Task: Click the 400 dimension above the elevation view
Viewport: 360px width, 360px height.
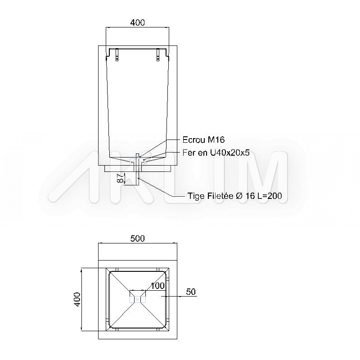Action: pyautogui.click(x=138, y=22)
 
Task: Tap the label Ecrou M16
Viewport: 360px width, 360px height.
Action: pyautogui.click(x=203, y=139)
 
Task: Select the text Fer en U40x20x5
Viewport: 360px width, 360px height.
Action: pyautogui.click(x=216, y=153)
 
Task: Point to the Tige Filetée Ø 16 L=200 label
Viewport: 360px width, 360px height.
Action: pyautogui.click(x=234, y=196)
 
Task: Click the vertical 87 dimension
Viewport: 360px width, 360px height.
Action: pyautogui.click(x=120, y=178)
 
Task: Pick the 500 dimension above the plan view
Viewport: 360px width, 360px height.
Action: pyautogui.click(x=138, y=238)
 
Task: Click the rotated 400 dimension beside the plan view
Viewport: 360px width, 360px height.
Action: pyautogui.click(x=77, y=299)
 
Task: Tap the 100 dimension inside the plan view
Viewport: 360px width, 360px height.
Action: pyautogui.click(x=157, y=286)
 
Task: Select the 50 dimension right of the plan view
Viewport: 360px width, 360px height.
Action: pyautogui.click(x=191, y=292)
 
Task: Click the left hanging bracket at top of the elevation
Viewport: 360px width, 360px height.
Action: pyautogui.click(x=117, y=55)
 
